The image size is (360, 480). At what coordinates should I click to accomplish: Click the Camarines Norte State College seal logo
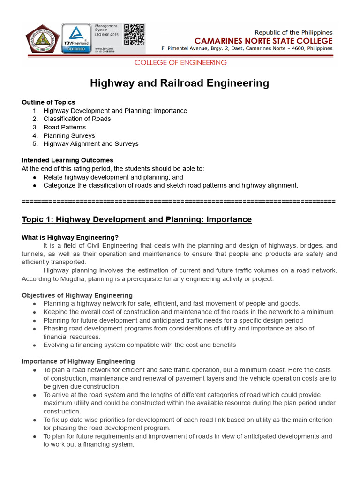[43, 39]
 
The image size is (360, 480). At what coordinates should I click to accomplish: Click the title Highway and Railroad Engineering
[180, 83]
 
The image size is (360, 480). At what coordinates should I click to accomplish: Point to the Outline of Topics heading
[48, 102]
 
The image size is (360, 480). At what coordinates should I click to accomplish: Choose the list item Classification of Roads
[77, 119]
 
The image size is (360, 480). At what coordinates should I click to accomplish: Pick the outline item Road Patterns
[65, 127]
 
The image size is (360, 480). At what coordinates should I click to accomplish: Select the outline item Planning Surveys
[69, 136]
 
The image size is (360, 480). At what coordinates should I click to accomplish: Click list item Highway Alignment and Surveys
[91, 144]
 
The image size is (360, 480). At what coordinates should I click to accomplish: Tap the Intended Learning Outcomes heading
[67, 160]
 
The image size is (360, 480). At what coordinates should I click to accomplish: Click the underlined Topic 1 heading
[136, 219]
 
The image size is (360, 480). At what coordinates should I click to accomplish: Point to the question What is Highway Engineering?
[70, 237]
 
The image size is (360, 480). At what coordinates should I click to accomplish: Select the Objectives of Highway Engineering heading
[77, 295]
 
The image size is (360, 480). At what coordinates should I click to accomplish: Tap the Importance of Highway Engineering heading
[78, 361]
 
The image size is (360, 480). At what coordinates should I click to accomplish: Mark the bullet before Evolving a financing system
[35, 345]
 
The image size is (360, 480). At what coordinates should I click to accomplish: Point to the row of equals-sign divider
[179, 201]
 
